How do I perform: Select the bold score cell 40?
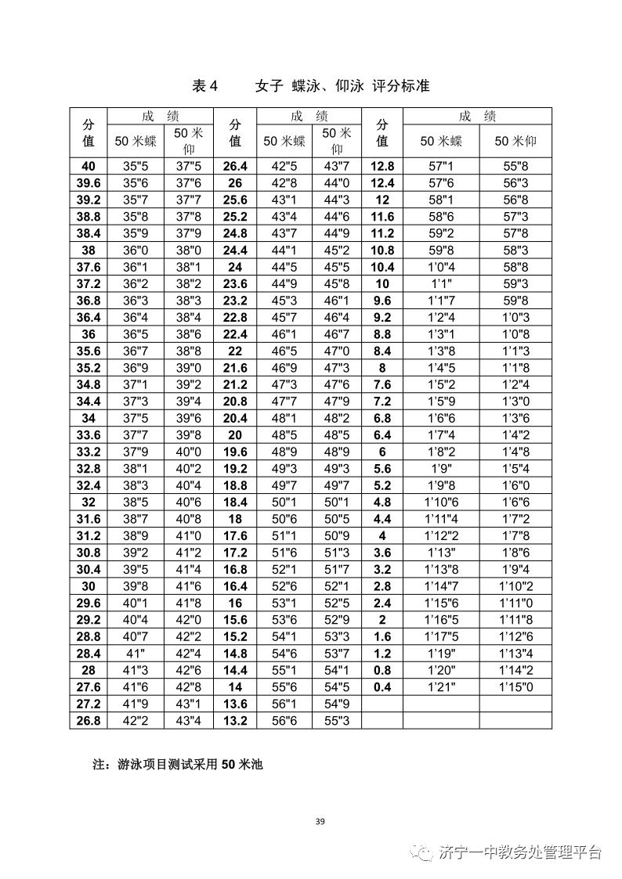click(x=89, y=166)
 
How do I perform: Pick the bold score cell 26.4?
click(x=235, y=166)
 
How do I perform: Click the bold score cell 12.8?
click(x=382, y=166)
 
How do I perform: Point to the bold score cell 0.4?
click(x=382, y=686)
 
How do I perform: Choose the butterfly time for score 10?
click(x=441, y=283)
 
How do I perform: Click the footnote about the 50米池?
click(x=178, y=764)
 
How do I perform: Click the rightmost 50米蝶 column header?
click(x=441, y=141)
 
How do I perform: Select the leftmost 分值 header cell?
click(x=89, y=132)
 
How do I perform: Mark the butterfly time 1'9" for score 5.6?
click(x=441, y=468)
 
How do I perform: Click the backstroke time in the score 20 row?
click(x=336, y=434)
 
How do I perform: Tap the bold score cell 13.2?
click(x=235, y=720)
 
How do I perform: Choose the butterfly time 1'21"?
click(x=441, y=686)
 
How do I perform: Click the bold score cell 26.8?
click(x=89, y=720)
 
